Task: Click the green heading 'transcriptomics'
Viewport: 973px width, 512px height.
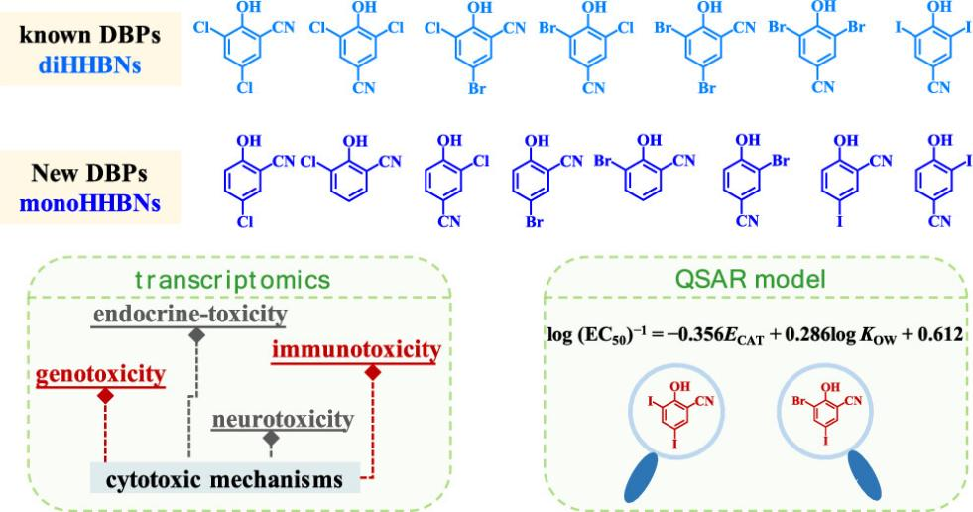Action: tap(238, 281)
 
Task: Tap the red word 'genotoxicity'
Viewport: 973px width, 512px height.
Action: tap(102, 375)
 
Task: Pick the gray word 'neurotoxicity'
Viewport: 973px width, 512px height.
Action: tap(283, 420)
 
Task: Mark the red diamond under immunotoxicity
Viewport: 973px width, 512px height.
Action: tap(373, 372)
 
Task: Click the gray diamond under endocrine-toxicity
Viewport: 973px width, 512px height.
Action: tap(198, 336)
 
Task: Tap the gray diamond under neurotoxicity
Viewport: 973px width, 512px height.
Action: tap(269, 438)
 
